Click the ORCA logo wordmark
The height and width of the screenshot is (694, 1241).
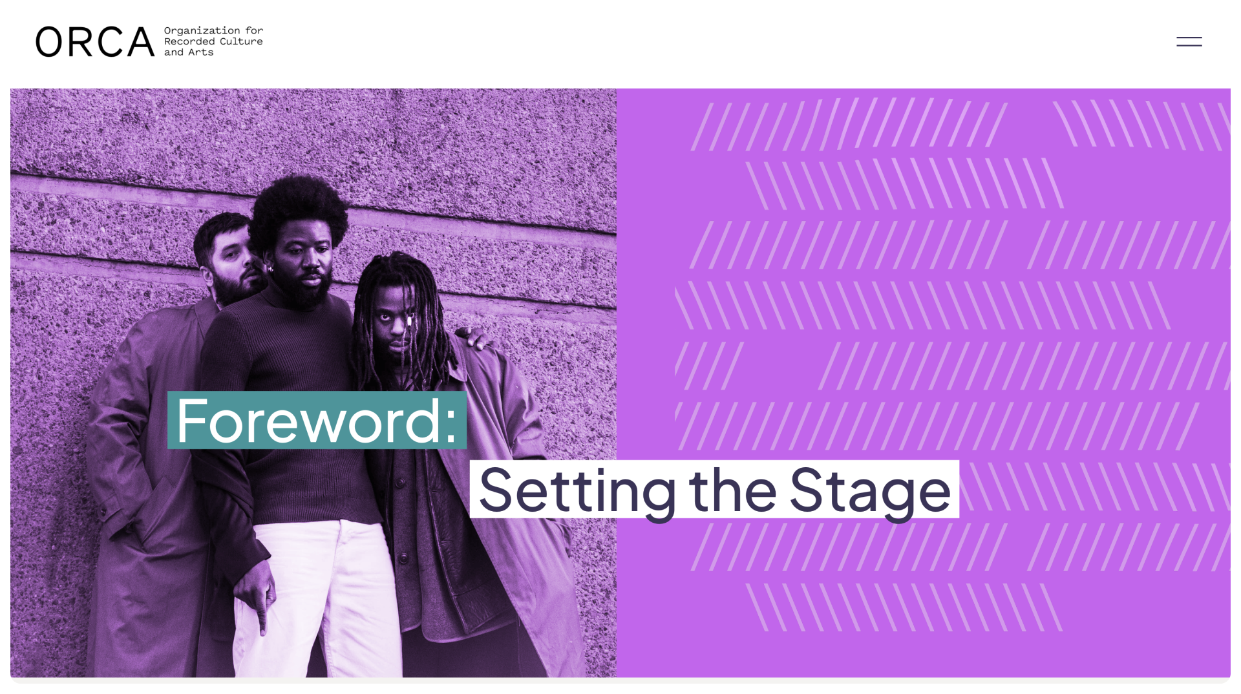click(x=95, y=42)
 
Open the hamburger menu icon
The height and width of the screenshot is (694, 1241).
click(x=1189, y=41)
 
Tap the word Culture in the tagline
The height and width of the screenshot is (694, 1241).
click(x=241, y=41)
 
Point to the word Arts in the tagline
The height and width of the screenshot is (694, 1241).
click(x=201, y=52)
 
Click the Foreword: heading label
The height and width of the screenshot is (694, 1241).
click(x=317, y=420)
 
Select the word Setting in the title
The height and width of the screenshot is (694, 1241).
click(x=577, y=491)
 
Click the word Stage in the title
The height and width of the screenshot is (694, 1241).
click(x=870, y=491)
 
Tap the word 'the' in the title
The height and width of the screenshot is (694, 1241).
click(x=732, y=490)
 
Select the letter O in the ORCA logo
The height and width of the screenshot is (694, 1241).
click(x=49, y=42)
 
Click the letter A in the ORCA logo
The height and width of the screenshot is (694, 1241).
click(x=141, y=42)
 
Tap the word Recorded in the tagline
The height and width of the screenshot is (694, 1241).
click(x=189, y=41)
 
